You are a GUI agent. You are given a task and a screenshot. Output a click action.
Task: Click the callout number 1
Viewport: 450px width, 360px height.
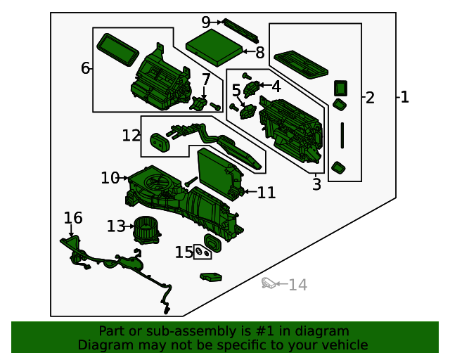(x=404, y=97)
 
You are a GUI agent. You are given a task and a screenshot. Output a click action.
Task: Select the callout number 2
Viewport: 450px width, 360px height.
(x=370, y=98)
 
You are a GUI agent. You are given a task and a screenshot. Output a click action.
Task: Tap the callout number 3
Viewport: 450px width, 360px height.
(x=316, y=185)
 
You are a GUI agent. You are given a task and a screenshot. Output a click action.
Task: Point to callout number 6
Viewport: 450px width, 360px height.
(x=86, y=68)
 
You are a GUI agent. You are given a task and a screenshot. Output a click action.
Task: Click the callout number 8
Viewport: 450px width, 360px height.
(x=259, y=52)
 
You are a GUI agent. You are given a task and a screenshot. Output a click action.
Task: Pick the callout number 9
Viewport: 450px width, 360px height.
(x=206, y=22)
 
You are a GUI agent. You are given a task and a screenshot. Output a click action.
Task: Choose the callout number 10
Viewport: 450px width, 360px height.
(x=110, y=179)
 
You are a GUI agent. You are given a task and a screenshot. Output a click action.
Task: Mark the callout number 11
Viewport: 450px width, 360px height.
(x=266, y=193)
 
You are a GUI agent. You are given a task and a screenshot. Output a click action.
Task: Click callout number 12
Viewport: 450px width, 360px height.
(x=131, y=135)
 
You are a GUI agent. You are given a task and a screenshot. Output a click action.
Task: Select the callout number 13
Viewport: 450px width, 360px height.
(x=116, y=226)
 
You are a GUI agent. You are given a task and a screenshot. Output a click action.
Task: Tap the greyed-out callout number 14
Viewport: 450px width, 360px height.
(x=298, y=285)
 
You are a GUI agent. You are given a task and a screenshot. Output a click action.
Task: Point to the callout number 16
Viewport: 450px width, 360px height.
(x=73, y=218)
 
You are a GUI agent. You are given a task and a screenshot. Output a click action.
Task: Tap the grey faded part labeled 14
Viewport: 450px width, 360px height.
(x=269, y=283)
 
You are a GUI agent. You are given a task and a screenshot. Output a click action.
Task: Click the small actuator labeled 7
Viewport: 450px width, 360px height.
(x=198, y=104)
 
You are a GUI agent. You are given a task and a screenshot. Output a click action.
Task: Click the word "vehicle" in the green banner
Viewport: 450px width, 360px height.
(x=345, y=345)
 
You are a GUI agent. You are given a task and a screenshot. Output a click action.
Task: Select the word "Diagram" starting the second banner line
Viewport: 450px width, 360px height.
(x=103, y=345)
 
